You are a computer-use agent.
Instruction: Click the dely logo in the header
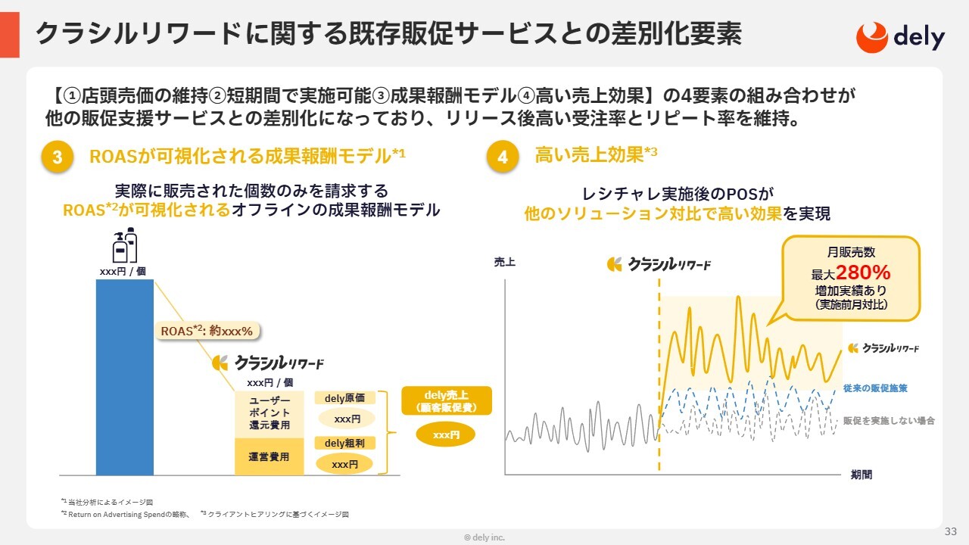[900, 37]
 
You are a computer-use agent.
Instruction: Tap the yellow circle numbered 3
[57, 157]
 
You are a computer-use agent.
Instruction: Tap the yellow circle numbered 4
[502, 157]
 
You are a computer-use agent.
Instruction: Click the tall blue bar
[125, 377]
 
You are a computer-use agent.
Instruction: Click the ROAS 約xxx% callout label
[207, 331]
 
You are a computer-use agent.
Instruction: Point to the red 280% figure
[863, 272]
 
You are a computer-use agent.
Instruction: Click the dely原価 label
[344, 398]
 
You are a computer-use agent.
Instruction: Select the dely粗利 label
[344, 443]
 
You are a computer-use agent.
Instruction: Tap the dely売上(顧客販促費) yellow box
[447, 401]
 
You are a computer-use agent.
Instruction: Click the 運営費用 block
[269, 456]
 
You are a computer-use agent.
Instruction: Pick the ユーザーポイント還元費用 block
[269, 413]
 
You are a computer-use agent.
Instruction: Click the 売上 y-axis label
[504, 262]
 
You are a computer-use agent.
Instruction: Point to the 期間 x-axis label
[862, 475]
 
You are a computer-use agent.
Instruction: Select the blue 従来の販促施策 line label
[875, 388]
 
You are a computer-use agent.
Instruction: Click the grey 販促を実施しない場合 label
[889, 420]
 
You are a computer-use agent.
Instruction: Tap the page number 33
[950, 531]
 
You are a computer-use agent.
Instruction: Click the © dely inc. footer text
[484, 537]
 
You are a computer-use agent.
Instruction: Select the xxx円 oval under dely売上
[446, 434]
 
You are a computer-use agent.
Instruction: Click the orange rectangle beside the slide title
[10, 35]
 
